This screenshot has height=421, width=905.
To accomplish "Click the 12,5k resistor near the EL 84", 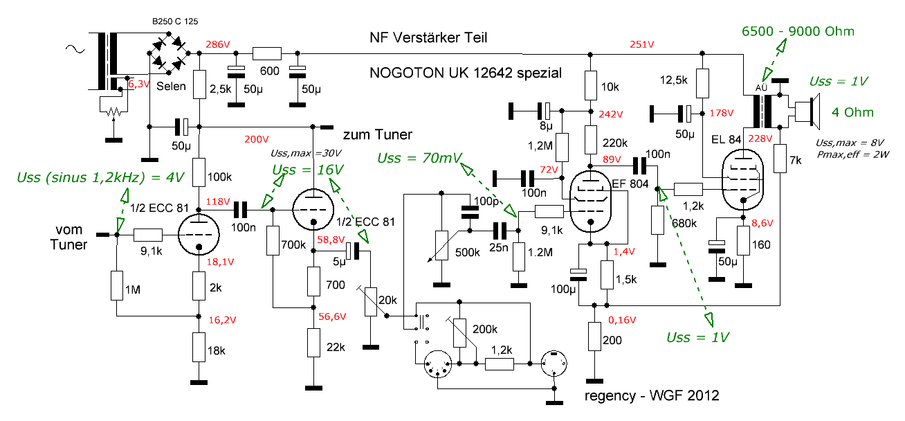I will click(702, 83).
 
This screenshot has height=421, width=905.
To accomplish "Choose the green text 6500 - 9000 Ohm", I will click(798, 31).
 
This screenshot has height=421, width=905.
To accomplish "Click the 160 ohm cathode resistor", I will click(744, 245).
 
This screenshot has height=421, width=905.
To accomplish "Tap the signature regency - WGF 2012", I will click(652, 395).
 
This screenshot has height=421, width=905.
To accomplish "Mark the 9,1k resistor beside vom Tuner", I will click(148, 235).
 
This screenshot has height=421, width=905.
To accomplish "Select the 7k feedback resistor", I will click(780, 159).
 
